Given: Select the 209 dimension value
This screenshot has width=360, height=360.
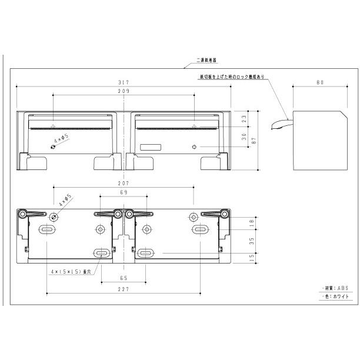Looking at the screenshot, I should [124, 92].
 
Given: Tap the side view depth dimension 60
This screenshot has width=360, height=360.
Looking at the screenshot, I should [319, 83].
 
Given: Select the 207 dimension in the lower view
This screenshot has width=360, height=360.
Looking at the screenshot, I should [124, 184].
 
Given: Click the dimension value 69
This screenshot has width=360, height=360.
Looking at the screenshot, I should [124, 192].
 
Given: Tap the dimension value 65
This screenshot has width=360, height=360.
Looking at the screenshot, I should [124, 278].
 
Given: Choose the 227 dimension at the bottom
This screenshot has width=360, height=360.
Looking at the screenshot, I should [124, 289].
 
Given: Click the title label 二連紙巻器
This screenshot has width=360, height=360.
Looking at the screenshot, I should [206, 60].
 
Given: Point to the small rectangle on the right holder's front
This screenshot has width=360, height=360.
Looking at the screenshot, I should [151, 147].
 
